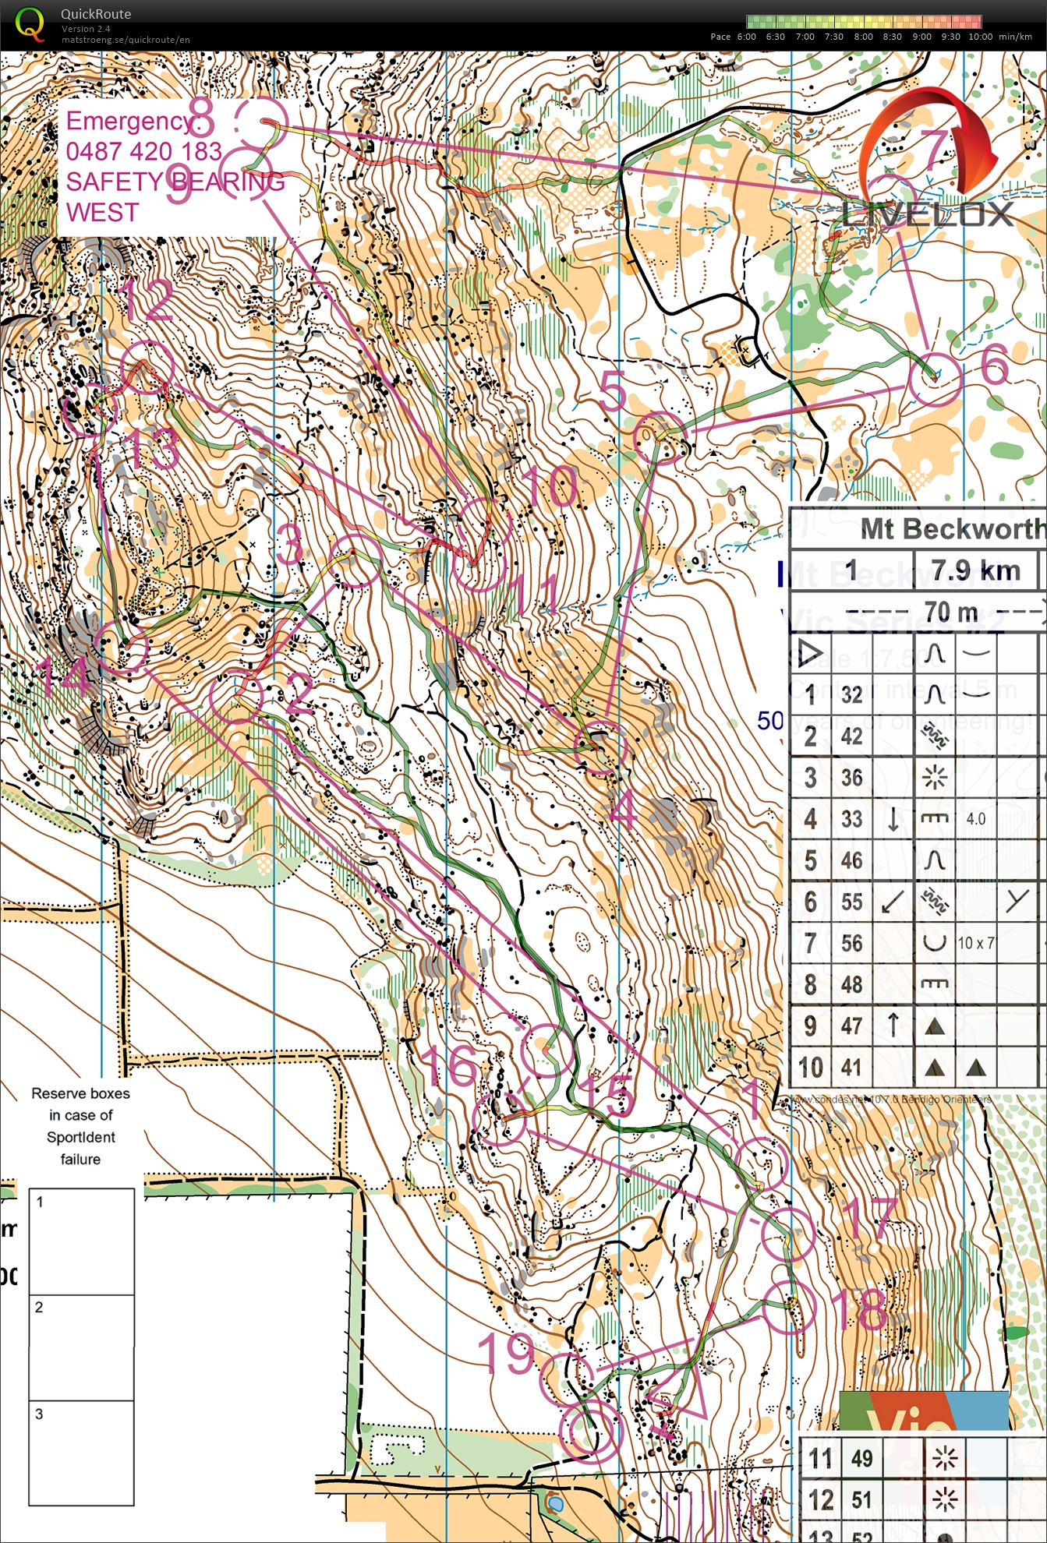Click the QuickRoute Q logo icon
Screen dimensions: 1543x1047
tap(30, 23)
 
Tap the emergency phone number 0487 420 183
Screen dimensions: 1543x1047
tap(144, 151)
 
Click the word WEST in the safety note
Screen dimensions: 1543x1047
tap(102, 212)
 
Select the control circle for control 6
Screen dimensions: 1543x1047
tap(934, 378)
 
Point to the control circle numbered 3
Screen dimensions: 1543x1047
tap(355, 560)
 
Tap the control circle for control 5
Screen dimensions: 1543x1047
tap(660, 438)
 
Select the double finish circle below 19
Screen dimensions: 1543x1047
tap(591, 1430)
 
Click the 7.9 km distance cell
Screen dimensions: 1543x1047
tap(975, 570)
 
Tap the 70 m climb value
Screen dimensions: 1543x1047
tap(950, 612)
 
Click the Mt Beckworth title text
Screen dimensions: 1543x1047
tap(952, 529)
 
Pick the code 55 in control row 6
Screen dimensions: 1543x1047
tap(851, 902)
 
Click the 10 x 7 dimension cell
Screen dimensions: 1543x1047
tap(975, 943)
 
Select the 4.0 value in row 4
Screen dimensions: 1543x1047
tap(975, 819)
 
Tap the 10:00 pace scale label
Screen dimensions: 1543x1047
tap(980, 37)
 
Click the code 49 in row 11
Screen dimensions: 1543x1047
tap(861, 1458)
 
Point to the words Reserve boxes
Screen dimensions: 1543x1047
tap(80, 1093)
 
